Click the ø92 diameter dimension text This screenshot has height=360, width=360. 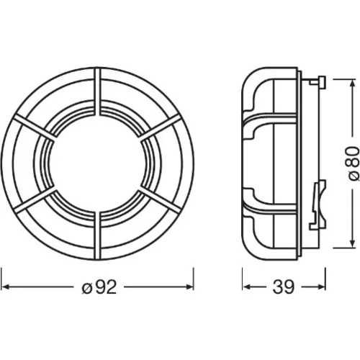(99, 287)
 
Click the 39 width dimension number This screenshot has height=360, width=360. (283, 287)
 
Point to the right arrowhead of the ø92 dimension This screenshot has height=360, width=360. (189, 287)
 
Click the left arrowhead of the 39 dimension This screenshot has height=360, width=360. (246, 287)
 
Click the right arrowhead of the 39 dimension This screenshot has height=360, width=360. (322, 287)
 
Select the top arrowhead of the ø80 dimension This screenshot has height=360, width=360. (352, 84)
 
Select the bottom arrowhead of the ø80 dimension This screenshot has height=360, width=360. (352, 243)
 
